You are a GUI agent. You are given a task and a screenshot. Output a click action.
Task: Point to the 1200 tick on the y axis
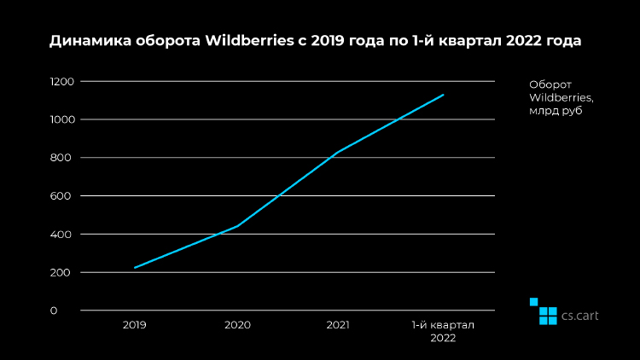coord(62,81)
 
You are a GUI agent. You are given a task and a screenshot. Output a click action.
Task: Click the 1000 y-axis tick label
coord(62,119)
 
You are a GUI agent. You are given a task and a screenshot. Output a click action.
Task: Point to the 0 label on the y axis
coord(54,311)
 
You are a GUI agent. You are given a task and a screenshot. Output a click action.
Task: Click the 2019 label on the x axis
coord(135,325)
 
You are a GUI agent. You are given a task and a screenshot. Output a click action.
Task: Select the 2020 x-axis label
coord(237,325)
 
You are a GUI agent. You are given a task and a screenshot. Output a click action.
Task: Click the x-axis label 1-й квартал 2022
coord(443,331)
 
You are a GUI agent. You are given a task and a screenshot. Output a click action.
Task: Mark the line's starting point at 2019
coord(135,268)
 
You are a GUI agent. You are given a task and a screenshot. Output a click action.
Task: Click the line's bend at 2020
coord(237,226)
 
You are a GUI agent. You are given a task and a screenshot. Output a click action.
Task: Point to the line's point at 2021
coord(340,151)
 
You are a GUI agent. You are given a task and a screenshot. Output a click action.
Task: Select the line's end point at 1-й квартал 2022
coord(444,95)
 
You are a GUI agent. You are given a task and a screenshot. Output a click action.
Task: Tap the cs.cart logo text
coord(579,316)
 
